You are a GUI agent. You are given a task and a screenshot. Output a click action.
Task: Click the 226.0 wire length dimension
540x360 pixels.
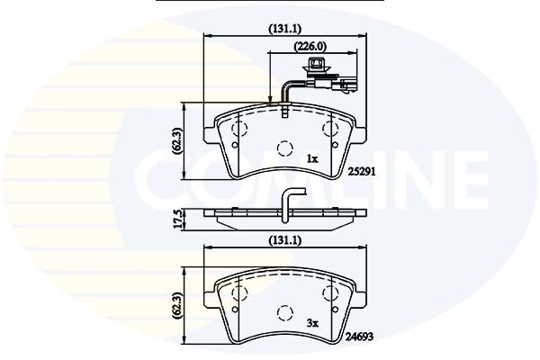click(x=310, y=46)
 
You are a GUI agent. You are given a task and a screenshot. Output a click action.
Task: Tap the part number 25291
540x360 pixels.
click(x=361, y=172)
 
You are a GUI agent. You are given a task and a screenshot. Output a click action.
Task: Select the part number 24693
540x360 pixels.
click(x=360, y=337)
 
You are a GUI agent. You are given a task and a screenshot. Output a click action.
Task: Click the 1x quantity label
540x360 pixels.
click(x=312, y=158)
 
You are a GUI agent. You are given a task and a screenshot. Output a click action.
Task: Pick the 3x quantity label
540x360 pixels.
click(x=312, y=323)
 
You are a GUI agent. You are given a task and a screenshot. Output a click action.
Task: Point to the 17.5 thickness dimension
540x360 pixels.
click(x=177, y=220)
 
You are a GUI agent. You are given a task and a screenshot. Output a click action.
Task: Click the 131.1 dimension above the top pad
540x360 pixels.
click(x=284, y=29)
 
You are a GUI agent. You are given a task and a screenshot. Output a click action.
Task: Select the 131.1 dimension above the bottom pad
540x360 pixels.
click(x=284, y=240)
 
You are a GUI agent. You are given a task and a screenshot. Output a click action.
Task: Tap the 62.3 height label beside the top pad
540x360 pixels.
click(x=177, y=140)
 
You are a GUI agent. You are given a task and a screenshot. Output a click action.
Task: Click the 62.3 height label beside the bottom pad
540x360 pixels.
click(x=177, y=305)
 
